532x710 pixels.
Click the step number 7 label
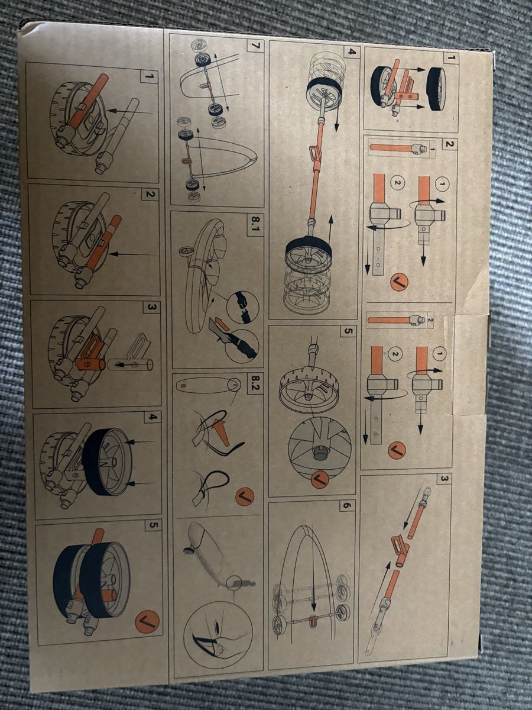pos(255,46)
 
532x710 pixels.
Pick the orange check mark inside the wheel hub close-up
pos(319,477)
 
